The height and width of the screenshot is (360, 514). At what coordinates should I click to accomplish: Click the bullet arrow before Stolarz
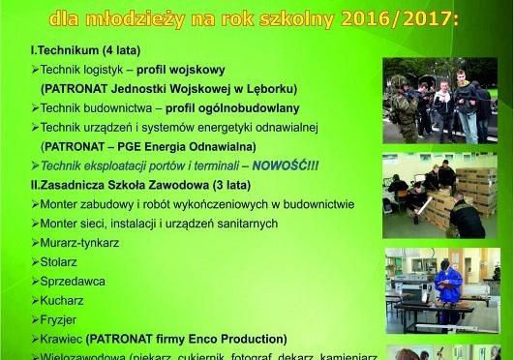point(35,262)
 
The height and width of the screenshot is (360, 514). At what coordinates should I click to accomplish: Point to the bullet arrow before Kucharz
point(35,300)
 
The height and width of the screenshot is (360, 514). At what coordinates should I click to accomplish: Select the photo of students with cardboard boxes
point(440,194)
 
